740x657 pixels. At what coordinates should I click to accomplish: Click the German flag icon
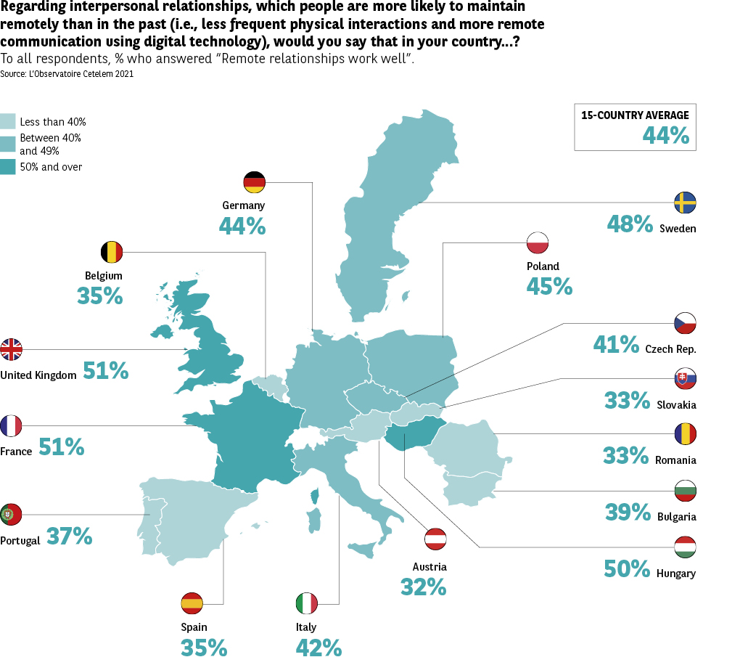coord(255,182)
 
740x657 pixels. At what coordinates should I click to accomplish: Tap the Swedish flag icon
coord(686,203)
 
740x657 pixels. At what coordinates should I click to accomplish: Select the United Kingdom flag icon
coord(12,349)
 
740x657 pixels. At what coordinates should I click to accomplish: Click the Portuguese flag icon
coord(11,514)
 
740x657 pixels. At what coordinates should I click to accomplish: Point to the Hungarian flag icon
coord(686,547)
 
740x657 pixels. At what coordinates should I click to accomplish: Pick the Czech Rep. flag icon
coord(686,323)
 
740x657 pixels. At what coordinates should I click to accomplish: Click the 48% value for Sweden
coord(630,224)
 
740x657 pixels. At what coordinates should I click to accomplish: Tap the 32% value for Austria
coord(423,587)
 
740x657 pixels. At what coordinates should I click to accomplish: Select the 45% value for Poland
coord(549,287)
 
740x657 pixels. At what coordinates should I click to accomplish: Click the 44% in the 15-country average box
coord(665,134)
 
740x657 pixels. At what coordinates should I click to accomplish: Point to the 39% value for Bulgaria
coord(628,513)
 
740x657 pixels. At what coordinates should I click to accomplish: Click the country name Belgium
coord(104,276)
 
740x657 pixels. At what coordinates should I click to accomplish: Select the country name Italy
coord(306,627)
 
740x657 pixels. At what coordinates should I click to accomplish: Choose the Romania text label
coord(675,460)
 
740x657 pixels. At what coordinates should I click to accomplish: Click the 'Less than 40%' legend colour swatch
coord(8,121)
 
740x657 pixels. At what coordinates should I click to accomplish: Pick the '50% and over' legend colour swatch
coord(8,166)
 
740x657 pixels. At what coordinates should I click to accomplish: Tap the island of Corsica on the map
coord(315,496)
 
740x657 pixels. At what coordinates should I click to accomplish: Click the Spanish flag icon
coord(192,603)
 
